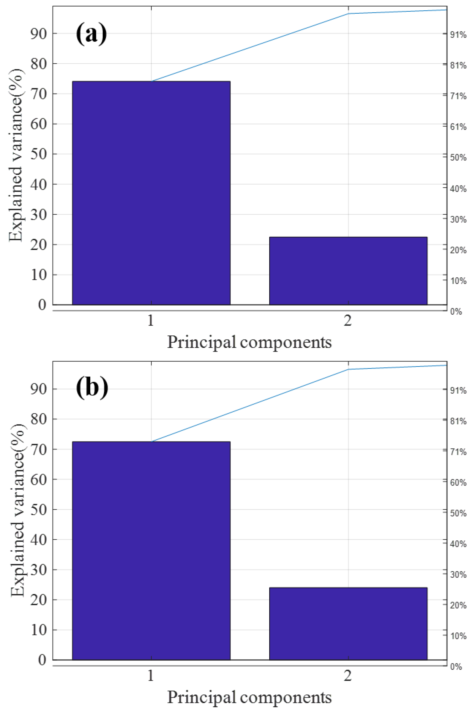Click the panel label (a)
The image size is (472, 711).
(x=91, y=34)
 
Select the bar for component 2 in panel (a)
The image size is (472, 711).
(x=348, y=271)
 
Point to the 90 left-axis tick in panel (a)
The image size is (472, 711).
(x=39, y=34)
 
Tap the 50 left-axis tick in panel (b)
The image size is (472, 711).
(x=39, y=510)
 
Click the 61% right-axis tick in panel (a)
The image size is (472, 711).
(x=458, y=127)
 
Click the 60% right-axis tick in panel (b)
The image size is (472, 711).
(x=458, y=483)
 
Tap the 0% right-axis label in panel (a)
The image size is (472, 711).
(x=456, y=312)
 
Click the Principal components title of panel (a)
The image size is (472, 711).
(x=249, y=342)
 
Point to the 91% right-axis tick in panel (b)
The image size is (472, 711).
(x=458, y=391)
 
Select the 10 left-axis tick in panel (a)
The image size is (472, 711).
(x=39, y=275)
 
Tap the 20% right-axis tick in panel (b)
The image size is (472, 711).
(x=458, y=605)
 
